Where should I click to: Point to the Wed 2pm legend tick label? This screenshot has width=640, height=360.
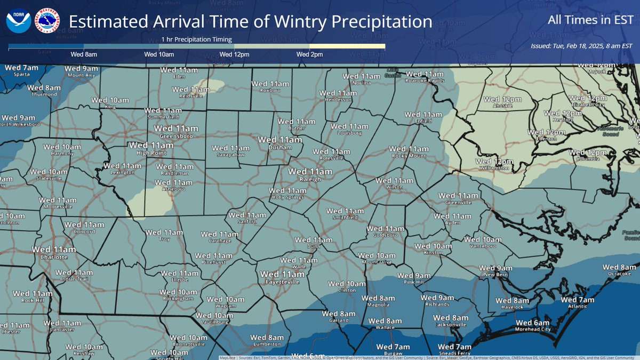[x=309, y=55]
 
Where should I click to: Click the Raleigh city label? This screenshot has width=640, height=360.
[x=311, y=180]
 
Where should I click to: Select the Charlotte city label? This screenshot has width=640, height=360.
[x=54, y=257]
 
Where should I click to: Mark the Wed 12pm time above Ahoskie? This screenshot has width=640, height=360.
[x=502, y=99]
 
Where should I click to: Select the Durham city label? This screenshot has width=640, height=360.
[x=280, y=147]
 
